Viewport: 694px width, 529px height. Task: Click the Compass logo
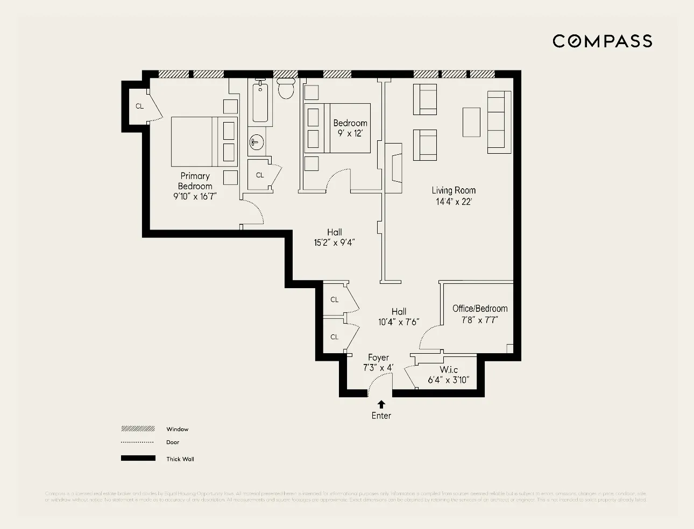click(602, 41)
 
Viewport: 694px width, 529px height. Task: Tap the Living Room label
click(454, 190)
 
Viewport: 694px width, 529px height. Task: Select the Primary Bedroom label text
click(195, 181)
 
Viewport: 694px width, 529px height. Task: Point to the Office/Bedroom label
click(480, 309)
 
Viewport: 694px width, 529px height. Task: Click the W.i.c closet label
click(449, 370)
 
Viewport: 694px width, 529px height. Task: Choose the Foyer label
click(378, 358)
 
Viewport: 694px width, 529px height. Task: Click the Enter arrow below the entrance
click(381, 404)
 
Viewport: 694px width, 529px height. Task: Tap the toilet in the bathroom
click(286, 89)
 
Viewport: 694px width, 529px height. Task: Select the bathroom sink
click(257, 142)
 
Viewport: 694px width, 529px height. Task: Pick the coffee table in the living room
click(471, 122)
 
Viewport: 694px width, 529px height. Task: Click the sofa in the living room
click(499, 122)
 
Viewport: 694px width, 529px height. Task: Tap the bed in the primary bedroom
click(197, 141)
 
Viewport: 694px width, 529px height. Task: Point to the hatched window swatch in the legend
click(138, 429)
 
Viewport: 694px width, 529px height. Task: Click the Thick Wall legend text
click(180, 459)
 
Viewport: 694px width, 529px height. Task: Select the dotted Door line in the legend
click(138, 442)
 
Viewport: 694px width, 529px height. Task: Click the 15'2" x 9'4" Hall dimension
click(334, 243)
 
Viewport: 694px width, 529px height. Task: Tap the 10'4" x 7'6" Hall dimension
click(398, 323)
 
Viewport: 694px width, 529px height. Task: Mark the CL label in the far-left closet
click(139, 106)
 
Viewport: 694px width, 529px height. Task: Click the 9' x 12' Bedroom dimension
click(350, 133)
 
